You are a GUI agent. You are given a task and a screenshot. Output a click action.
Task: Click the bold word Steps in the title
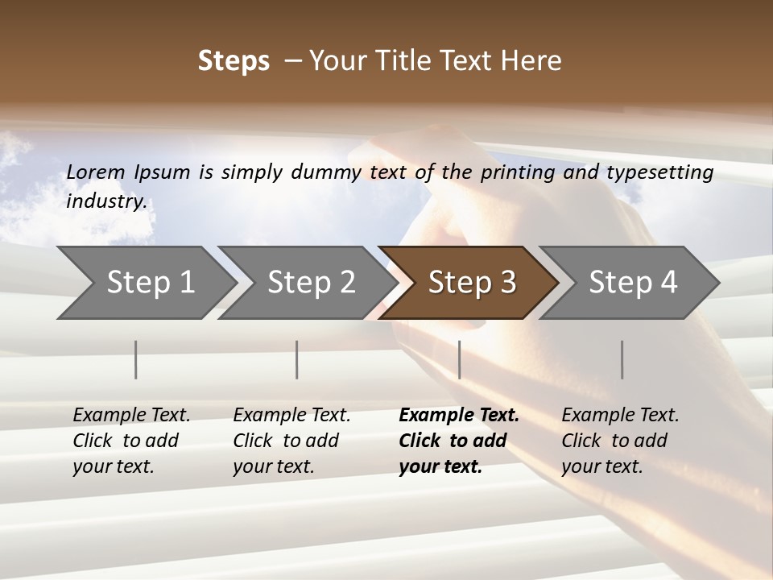click(x=234, y=61)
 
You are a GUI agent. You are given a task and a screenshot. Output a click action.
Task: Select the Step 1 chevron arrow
click(x=145, y=283)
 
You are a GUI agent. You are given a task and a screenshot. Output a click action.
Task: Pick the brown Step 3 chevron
click(x=469, y=283)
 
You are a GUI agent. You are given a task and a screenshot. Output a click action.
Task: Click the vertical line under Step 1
click(x=136, y=359)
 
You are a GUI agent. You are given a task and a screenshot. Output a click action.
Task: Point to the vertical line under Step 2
click(x=297, y=359)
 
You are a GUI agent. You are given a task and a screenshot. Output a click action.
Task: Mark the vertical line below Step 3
click(x=459, y=359)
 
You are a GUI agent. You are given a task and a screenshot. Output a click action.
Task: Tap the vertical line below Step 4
click(x=622, y=359)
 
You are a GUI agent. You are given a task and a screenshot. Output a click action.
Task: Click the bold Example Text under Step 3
click(x=459, y=416)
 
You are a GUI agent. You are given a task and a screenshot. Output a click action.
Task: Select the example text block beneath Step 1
click(x=131, y=441)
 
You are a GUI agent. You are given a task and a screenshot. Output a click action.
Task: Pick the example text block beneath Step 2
click(x=291, y=441)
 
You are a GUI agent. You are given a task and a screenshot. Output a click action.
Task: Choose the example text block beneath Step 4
click(x=620, y=441)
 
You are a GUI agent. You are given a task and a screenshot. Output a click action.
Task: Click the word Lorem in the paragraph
click(x=96, y=172)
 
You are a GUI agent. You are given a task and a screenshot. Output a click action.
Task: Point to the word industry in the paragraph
click(x=106, y=201)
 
